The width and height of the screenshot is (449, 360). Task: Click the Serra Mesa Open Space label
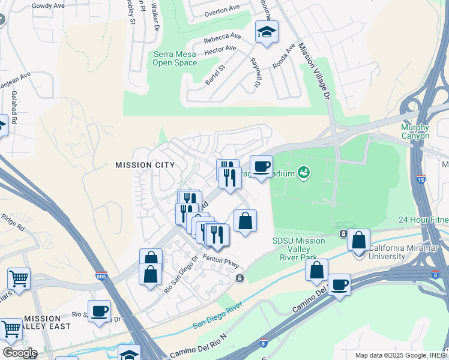(175, 59)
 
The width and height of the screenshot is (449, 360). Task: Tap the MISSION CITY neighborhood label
(145, 165)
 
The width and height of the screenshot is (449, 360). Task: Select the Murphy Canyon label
(415, 131)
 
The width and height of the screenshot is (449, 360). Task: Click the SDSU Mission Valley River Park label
(298, 249)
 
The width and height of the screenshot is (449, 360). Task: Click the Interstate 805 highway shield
(101, 277)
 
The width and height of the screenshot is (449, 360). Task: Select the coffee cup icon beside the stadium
(261, 167)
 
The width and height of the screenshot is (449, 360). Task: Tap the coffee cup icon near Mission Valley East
(100, 311)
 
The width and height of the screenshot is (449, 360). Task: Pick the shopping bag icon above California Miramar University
(358, 239)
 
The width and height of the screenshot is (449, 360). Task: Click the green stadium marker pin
(304, 173)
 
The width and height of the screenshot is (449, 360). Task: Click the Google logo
(19, 353)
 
